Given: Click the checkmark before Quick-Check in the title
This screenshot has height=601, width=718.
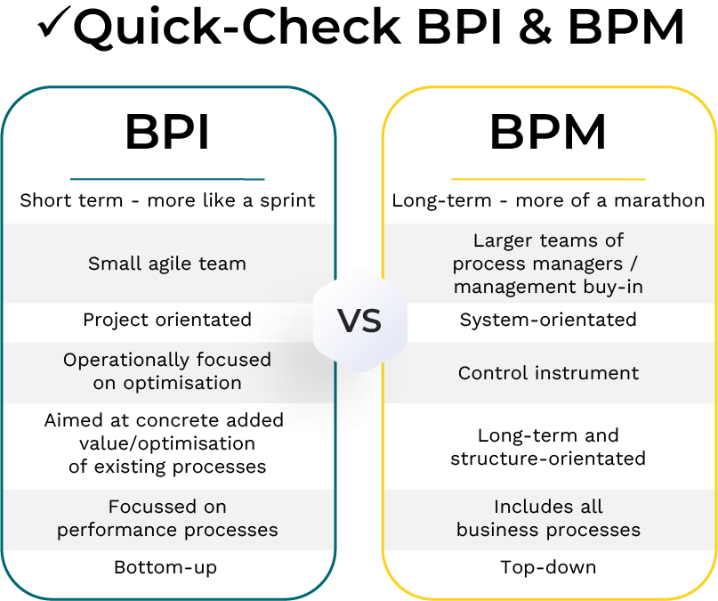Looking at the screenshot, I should pos(52,27).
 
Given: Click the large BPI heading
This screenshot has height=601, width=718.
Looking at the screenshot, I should pos(167,134).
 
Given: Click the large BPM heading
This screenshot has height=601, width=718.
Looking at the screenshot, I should pos(548,134).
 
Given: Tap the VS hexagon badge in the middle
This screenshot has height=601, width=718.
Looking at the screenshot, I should pos(359,321).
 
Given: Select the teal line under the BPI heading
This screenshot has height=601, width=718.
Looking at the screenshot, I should pos(167,179).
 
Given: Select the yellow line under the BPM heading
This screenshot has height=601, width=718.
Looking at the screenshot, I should pos(548,179).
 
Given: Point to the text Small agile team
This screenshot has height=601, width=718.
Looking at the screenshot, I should pos(167,264).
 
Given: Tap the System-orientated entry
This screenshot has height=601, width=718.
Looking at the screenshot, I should pos(548,319).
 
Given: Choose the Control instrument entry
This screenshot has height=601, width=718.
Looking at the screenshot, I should pos(548,373).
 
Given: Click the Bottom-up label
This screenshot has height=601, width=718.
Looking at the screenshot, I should pos(165,567).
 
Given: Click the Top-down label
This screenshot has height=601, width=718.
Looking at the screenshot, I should pos(548,567).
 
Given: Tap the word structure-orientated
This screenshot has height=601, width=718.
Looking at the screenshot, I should pos(548,459).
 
